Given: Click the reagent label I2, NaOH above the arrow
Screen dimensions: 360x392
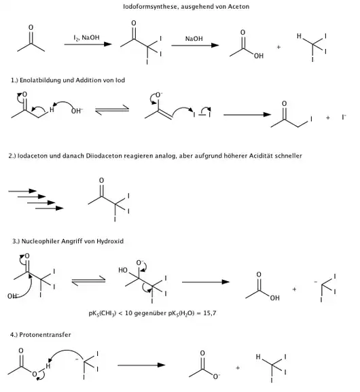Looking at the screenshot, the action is coord(86,38).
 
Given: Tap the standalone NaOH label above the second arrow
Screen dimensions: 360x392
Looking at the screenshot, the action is coord(194,39).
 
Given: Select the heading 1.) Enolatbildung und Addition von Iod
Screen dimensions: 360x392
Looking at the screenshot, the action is coord(68,80).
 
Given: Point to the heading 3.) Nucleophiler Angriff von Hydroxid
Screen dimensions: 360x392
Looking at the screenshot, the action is coord(68,241).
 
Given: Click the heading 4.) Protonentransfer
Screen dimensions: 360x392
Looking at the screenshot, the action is coord(41,335).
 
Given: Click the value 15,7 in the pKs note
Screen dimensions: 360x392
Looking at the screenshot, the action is coord(209,313).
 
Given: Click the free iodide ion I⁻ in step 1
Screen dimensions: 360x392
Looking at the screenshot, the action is coord(344,117).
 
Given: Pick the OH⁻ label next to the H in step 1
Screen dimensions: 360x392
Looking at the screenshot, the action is coord(77,111).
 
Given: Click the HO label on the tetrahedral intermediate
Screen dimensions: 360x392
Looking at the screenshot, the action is coord(123,270).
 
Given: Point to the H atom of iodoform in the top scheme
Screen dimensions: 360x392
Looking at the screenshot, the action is coord(299,36).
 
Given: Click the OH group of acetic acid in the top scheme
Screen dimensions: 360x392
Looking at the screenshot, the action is coord(259,56).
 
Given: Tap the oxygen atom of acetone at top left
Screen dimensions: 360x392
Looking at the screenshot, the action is coord(31,27).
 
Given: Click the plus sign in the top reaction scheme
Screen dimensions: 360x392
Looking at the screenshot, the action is coord(278,47).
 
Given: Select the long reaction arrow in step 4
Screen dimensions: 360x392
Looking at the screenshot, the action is coord(141,366).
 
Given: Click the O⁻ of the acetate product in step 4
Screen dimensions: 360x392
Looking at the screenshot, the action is coord(216,376).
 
